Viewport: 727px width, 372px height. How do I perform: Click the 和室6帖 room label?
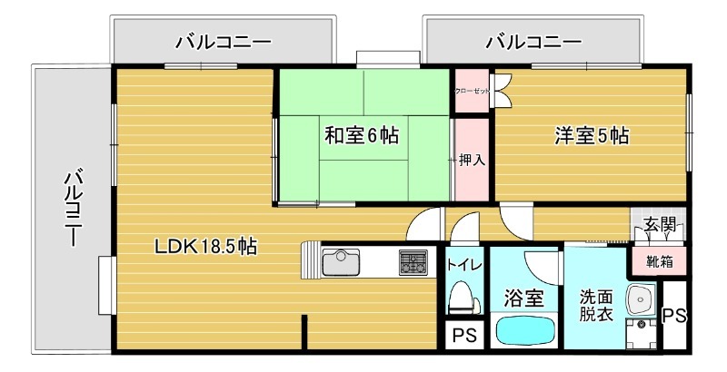click(362, 136)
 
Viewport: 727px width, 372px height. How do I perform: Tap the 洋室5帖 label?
click(592, 136)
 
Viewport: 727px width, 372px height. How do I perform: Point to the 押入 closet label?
click(471, 160)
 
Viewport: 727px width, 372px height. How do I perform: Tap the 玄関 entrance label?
click(660, 225)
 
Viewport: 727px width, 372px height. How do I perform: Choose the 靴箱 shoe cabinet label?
click(659, 263)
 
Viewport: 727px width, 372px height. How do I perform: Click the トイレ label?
click(464, 266)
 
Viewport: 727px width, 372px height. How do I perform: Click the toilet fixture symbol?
click(463, 296)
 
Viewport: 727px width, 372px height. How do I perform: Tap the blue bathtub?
click(526, 331)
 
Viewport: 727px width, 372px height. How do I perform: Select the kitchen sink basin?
click(342, 264)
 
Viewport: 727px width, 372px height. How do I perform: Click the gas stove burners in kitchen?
click(414, 263)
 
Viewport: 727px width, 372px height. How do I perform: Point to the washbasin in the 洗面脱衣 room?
click(642, 298)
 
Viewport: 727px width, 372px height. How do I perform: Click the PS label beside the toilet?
click(463, 335)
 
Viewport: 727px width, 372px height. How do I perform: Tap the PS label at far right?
click(673, 316)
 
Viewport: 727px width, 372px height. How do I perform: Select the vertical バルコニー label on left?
click(74, 208)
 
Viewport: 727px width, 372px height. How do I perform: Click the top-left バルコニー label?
click(224, 42)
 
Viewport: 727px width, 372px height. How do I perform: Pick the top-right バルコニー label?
click(534, 42)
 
